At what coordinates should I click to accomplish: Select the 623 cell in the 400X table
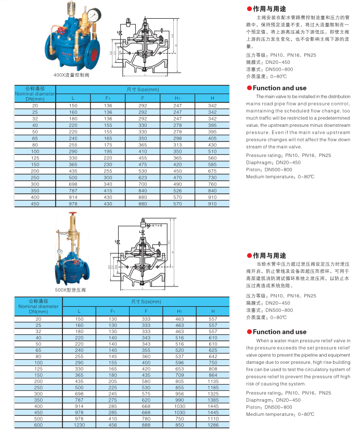pyautogui.click(x=143, y=177)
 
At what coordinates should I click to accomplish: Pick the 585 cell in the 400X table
pyautogui.click(x=212, y=164)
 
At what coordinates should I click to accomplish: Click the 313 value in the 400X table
pyautogui.click(x=177, y=145)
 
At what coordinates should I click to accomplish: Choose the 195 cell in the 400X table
pyautogui.click(x=108, y=151)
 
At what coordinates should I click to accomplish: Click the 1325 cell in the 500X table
pyautogui.click(x=212, y=394)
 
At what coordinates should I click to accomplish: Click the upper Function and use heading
pyautogui.click(x=279, y=88)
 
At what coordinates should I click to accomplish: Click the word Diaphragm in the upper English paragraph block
pyautogui.click(x=259, y=163)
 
